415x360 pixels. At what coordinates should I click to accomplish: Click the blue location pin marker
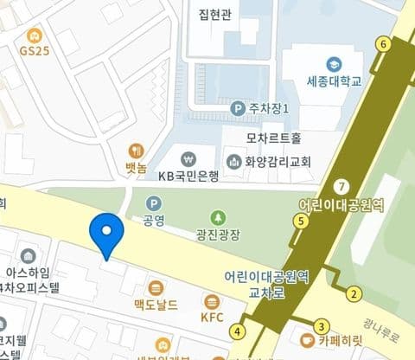pyautogui.click(x=106, y=232)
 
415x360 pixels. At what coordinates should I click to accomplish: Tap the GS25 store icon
pyautogui.click(x=34, y=35)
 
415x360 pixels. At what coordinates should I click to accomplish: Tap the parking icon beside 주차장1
pyautogui.click(x=238, y=108)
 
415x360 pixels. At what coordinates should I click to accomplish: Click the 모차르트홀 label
pyautogui.click(x=273, y=138)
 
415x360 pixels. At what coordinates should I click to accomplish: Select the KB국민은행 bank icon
pyautogui.click(x=188, y=159)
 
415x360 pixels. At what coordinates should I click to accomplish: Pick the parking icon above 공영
pyautogui.click(x=155, y=202)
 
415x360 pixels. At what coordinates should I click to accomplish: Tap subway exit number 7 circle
pyautogui.click(x=343, y=186)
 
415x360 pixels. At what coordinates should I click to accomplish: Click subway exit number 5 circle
pyautogui.click(x=301, y=222)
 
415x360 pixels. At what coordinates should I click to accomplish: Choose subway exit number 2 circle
pyautogui.click(x=354, y=294)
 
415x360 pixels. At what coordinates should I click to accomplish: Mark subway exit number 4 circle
pyautogui.click(x=238, y=331)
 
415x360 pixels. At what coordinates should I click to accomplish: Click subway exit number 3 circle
pyautogui.click(x=321, y=326)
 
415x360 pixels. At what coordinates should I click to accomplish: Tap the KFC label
pyautogui.click(x=212, y=317)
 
